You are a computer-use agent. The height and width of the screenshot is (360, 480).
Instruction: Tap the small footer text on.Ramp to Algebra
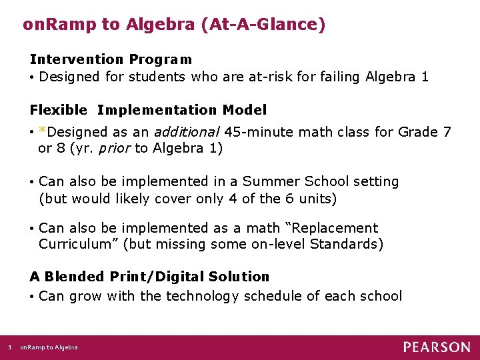(x=49, y=347)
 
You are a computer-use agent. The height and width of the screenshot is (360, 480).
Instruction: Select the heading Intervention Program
(x=111, y=59)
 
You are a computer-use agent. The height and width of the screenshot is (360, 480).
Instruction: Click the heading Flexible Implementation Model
(x=148, y=110)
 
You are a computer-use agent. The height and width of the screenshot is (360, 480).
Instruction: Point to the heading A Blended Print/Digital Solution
(x=149, y=277)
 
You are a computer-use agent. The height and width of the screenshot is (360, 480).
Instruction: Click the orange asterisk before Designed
(x=43, y=131)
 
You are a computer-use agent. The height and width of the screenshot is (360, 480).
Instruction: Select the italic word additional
(x=188, y=131)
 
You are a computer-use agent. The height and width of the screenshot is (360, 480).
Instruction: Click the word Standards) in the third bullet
(x=347, y=244)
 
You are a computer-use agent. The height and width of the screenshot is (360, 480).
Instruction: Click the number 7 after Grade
(x=446, y=131)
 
